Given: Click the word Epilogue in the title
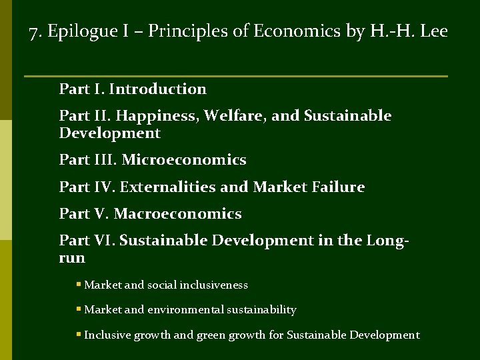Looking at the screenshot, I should point(74,31).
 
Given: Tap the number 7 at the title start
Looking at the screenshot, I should point(34,31).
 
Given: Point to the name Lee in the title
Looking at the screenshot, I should point(434,31).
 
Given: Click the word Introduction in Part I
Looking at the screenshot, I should point(157,89).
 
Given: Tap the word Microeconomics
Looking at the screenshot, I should point(184,160).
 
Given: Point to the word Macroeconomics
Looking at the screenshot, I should point(178,214).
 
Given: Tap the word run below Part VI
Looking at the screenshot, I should point(72,258).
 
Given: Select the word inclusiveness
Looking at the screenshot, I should point(214,285).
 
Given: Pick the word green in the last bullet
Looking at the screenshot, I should point(211,335).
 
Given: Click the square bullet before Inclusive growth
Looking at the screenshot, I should point(79,335).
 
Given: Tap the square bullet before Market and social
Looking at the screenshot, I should point(79,285).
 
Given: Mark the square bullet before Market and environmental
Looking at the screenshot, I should point(79,309).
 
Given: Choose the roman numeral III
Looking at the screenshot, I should point(105,160).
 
